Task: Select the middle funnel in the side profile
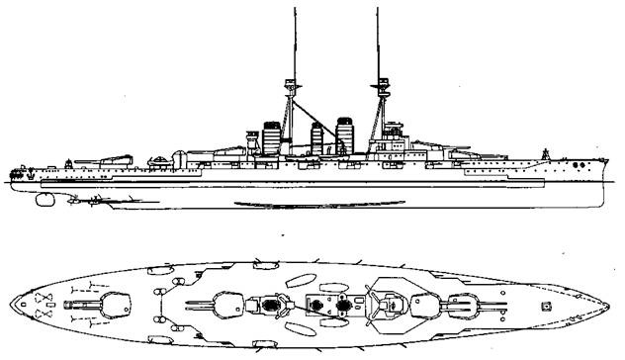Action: [x=318, y=136]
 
